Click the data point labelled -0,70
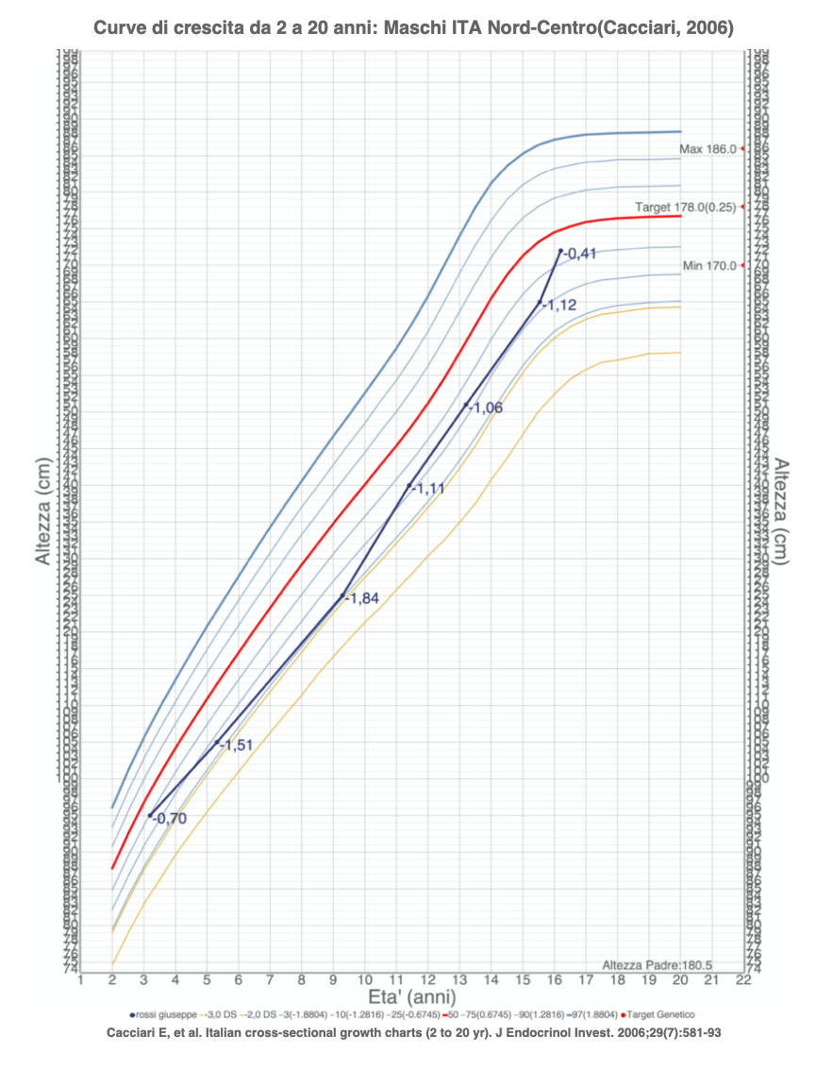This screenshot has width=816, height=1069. click(x=149, y=815)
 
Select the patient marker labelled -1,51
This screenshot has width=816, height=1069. click(x=216, y=743)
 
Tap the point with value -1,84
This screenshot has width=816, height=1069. click(x=342, y=596)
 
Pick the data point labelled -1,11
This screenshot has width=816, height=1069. click(x=408, y=486)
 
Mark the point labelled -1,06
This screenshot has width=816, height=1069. click(x=466, y=406)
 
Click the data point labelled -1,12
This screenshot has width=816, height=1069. click(x=540, y=303)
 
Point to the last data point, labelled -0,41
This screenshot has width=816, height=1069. click(x=560, y=251)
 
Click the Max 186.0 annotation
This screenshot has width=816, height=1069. click(x=708, y=149)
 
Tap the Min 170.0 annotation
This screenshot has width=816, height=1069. click(x=709, y=266)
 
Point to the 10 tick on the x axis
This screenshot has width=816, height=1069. click(x=364, y=980)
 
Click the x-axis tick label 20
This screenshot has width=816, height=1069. click(x=680, y=980)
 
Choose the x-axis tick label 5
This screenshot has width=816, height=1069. click(x=207, y=980)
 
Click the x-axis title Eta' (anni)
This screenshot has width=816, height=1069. click(x=411, y=997)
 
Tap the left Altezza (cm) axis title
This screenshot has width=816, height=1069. click(x=43, y=520)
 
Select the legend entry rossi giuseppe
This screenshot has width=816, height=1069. click(x=163, y=1015)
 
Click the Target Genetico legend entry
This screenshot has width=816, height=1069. click(x=660, y=1015)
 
